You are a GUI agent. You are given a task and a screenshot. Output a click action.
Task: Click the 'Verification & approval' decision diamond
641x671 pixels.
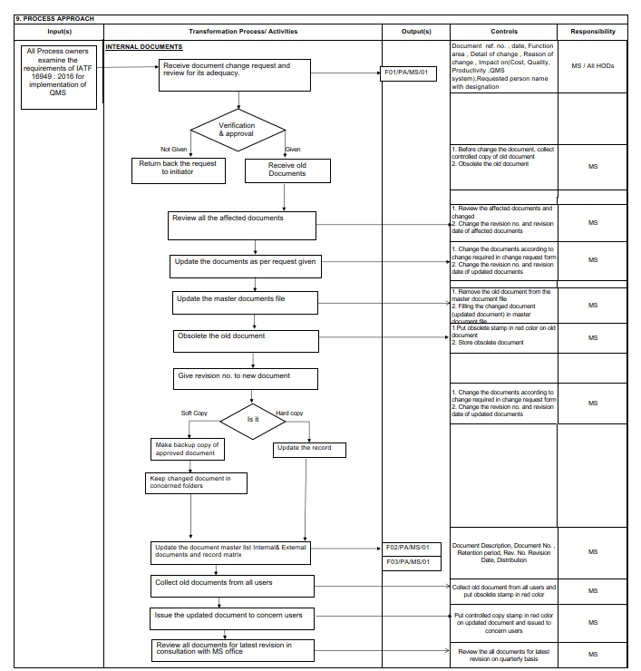point(237,130)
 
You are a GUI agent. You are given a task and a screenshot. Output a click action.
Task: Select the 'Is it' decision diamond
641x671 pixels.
point(253,420)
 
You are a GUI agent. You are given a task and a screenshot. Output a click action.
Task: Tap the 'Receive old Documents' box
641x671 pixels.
point(287,170)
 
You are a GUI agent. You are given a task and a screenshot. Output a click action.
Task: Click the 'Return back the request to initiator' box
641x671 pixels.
point(178,169)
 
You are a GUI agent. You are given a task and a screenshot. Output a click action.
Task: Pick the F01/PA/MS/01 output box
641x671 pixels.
point(405,73)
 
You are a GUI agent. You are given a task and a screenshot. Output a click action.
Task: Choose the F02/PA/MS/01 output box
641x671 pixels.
point(407,548)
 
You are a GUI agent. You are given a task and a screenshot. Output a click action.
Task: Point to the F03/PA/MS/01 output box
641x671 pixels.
point(407,562)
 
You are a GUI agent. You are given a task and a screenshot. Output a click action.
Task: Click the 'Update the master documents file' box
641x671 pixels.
point(246,302)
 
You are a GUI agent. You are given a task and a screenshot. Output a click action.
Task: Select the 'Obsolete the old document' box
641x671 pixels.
point(246,340)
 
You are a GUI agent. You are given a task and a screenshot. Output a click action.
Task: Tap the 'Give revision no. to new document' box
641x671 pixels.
point(246,378)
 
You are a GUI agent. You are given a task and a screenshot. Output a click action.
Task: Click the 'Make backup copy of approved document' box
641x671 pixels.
point(185,448)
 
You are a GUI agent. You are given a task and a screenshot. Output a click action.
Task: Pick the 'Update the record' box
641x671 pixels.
point(309,448)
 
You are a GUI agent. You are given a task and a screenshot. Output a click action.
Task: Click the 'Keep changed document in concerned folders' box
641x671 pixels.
point(197,482)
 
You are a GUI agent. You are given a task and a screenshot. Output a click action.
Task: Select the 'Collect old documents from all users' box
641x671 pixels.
point(233,585)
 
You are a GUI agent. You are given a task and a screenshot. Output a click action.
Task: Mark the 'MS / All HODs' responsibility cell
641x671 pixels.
point(592,66)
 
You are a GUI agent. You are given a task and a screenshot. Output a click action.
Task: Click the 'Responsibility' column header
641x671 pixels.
point(592,31)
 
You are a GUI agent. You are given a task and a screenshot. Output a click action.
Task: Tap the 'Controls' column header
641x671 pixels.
point(504,31)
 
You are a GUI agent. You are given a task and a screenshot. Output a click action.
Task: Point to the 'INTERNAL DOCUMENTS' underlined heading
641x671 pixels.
point(144,47)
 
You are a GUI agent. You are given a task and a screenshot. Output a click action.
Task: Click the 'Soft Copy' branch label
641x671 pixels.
point(194,413)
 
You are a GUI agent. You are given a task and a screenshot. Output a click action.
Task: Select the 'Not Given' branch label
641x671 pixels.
point(173,150)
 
